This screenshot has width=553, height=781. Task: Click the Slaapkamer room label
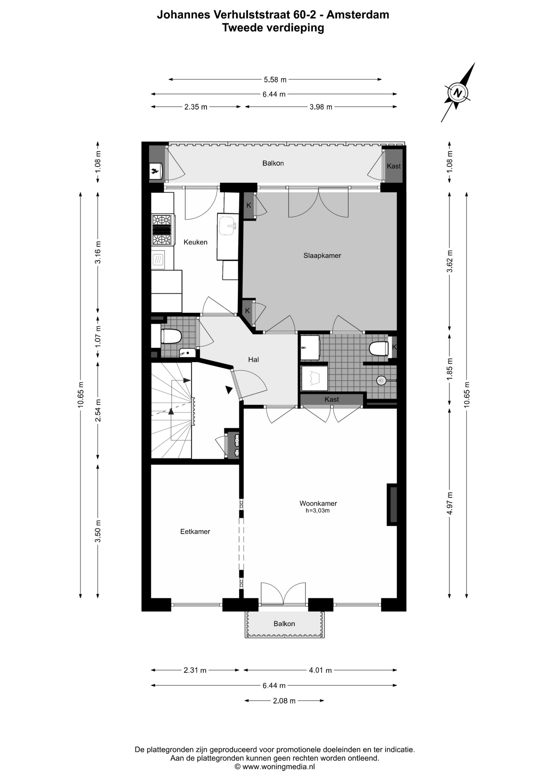point(322,255)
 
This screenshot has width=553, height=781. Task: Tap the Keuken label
point(195,242)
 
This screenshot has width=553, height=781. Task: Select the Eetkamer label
point(195,531)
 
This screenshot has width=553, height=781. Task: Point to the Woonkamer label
point(318,503)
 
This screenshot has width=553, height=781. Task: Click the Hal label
point(253,360)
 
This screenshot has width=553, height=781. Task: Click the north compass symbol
point(458,92)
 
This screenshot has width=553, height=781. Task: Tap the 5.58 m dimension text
point(275,80)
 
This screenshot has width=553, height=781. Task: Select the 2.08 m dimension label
point(284,700)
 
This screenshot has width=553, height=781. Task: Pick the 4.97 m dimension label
point(450,503)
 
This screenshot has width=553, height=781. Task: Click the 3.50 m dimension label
point(98,531)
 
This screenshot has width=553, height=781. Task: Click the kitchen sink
point(228,226)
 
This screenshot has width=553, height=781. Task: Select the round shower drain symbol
point(382,380)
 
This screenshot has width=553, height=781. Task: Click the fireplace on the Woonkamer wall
point(392,504)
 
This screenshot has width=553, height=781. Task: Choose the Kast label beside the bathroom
point(331,399)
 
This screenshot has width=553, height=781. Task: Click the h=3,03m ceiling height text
point(318,511)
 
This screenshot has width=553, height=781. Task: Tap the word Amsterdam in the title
point(358,15)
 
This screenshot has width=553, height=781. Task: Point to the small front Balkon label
point(284,624)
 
